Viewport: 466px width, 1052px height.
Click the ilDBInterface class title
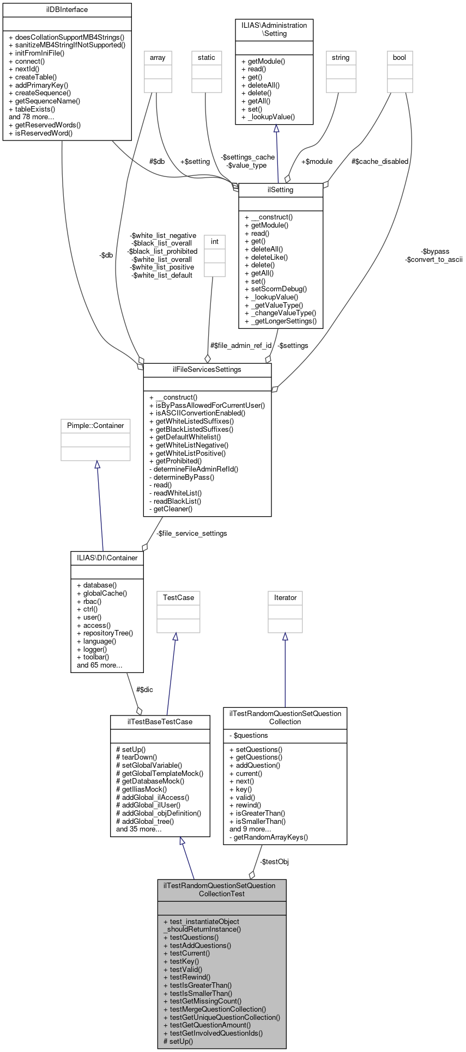67,10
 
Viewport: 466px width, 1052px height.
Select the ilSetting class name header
281,190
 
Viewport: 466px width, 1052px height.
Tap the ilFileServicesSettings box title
207,370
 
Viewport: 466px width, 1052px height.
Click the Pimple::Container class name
95,426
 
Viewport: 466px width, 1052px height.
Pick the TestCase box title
178,598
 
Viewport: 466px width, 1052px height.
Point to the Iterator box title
285,598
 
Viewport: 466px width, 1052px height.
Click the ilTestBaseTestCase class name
160,722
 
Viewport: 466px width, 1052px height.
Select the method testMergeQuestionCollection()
218,1010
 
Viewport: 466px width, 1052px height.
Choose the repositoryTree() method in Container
108,633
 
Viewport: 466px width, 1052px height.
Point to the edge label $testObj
274,862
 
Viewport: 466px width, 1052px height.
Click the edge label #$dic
144,690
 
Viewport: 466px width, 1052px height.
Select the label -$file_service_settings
191,534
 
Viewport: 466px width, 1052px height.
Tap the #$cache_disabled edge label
380,162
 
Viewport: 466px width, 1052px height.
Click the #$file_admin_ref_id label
240,346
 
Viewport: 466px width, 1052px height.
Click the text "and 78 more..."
32,117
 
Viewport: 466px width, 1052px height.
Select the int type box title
215,242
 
